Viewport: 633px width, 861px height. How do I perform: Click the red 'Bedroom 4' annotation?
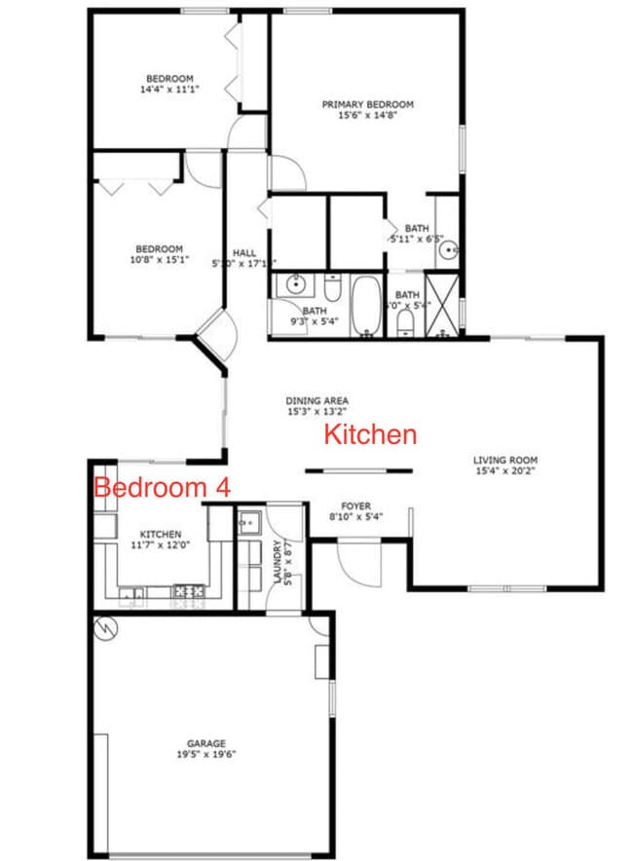click(162, 488)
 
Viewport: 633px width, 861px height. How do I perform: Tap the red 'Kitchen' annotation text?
click(370, 434)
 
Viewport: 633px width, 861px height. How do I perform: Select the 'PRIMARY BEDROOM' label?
click(368, 104)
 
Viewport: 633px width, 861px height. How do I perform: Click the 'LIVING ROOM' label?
click(505, 461)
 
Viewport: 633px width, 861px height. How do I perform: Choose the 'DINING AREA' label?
click(316, 400)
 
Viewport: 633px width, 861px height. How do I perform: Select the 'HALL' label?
click(244, 252)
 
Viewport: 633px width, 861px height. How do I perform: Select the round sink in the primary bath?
click(448, 250)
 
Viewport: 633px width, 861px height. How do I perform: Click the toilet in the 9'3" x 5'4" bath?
click(332, 289)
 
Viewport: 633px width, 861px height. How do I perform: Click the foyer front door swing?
click(355, 565)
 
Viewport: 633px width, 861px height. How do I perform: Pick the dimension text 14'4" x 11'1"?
click(169, 90)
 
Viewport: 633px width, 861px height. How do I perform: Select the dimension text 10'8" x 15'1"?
click(160, 260)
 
